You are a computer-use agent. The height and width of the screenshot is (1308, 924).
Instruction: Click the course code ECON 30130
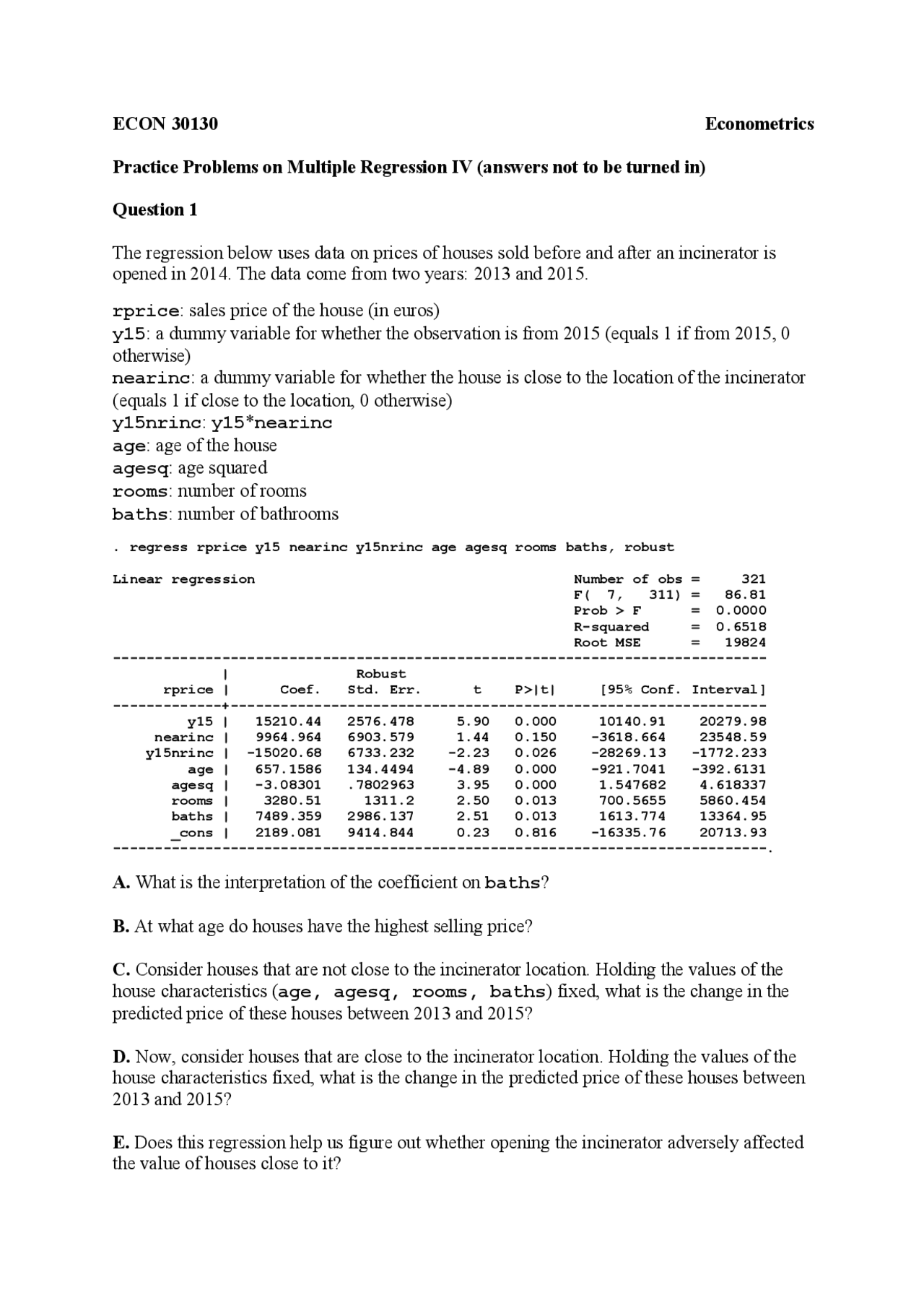pyautogui.click(x=165, y=124)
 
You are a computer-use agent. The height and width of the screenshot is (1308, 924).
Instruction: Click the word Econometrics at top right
pyautogui.click(x=759, y=124)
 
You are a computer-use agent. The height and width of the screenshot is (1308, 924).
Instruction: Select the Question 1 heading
pyautogui.click(x=154, y=210)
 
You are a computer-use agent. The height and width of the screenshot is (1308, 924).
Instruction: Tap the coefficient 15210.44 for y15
pyautogui.click(x=288, y=722)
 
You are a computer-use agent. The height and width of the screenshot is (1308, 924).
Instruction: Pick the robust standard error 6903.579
pyautogui.click(x=380, y=737)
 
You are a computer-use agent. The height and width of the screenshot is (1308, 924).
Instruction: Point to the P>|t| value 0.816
pyautogui.click(x=535, y=832)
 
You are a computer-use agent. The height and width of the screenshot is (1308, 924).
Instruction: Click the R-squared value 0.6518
pyautogui.click(x=741, y=627)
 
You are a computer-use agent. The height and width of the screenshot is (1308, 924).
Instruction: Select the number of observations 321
pyautogui.click(x=753, y=579)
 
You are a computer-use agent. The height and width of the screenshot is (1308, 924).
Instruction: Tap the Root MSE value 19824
pyautogui.click(x=745, y=643)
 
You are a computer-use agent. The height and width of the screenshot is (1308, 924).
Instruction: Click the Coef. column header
pyautogui.click(x=300, y=690)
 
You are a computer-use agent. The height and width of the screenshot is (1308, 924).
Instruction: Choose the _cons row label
pyautogui.click(x=191, y=833)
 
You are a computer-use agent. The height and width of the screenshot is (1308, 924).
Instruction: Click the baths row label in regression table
pyautogui.click(x=192, y=816)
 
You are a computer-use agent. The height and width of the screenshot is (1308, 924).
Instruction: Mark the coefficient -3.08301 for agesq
pyautogui.click(x=288, y=785)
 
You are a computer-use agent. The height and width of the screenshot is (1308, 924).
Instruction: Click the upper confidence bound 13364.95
pyautogui.click(x=733, y=816)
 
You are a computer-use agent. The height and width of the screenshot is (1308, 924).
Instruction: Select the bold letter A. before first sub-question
pyautogui.click(x=121, y=883)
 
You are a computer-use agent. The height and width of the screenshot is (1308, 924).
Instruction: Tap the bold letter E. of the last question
pyautogui.click(x=121, y=1143)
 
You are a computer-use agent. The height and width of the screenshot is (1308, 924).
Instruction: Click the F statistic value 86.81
pyautogui.click(x=745, y=595)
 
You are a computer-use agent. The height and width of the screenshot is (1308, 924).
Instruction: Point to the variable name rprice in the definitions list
pyautogui.click(x=145, y=312)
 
